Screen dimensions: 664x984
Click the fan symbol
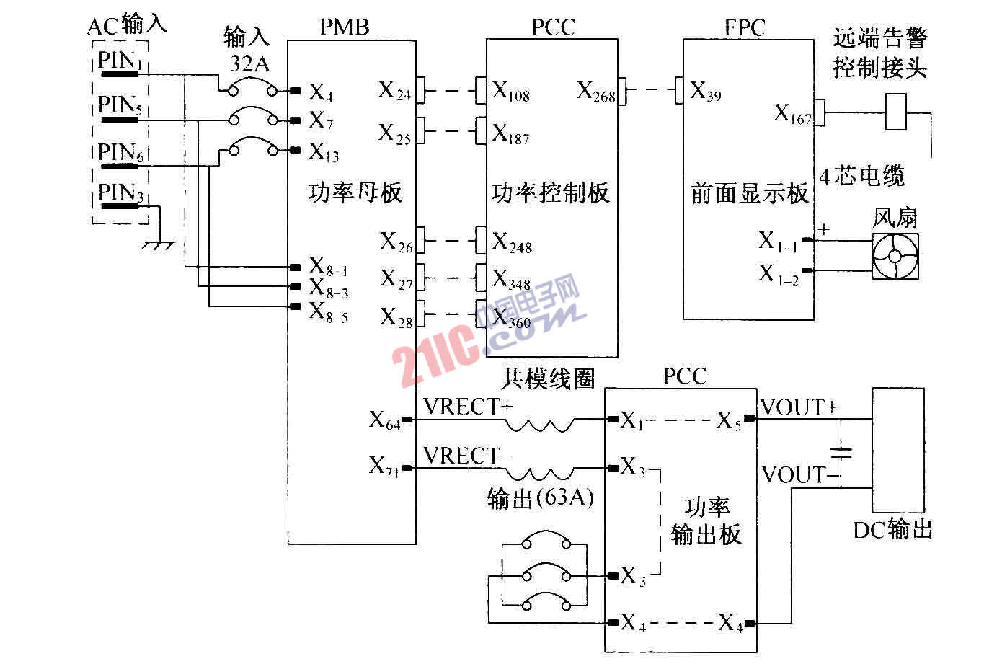click(x=896, y=256)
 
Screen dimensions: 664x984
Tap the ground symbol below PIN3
click(x=158, y=246)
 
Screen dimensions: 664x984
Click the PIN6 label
click(x=120, y=153)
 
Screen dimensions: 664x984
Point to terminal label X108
click(x=511, y=92)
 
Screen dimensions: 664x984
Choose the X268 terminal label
click(x=595, y=92)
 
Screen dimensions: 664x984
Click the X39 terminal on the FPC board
click(x=705, y=92)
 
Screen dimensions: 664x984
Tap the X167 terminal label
click(x=792, y=113)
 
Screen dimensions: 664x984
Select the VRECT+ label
click(x=468, y=407)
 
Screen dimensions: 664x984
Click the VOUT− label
click(x=797, y=474)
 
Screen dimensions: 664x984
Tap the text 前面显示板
click(x=748, y=194)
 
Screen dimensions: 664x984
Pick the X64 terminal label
click(x=385, y=420)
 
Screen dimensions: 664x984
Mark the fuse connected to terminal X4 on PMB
click(x=248, y=89)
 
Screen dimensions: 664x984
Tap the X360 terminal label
click(x=512, y=319)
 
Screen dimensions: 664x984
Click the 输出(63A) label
click(x=540, y=499)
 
